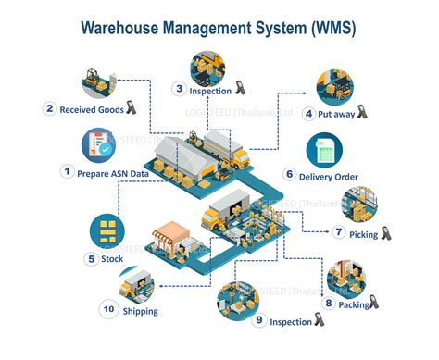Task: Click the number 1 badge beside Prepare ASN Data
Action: click(67, 170)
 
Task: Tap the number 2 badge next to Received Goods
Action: click(49, 108)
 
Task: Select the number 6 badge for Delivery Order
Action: click(290, 174)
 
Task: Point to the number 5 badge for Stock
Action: click(91, 258)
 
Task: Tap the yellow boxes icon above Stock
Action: click(108, 230)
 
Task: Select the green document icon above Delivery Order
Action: click(325, 151)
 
